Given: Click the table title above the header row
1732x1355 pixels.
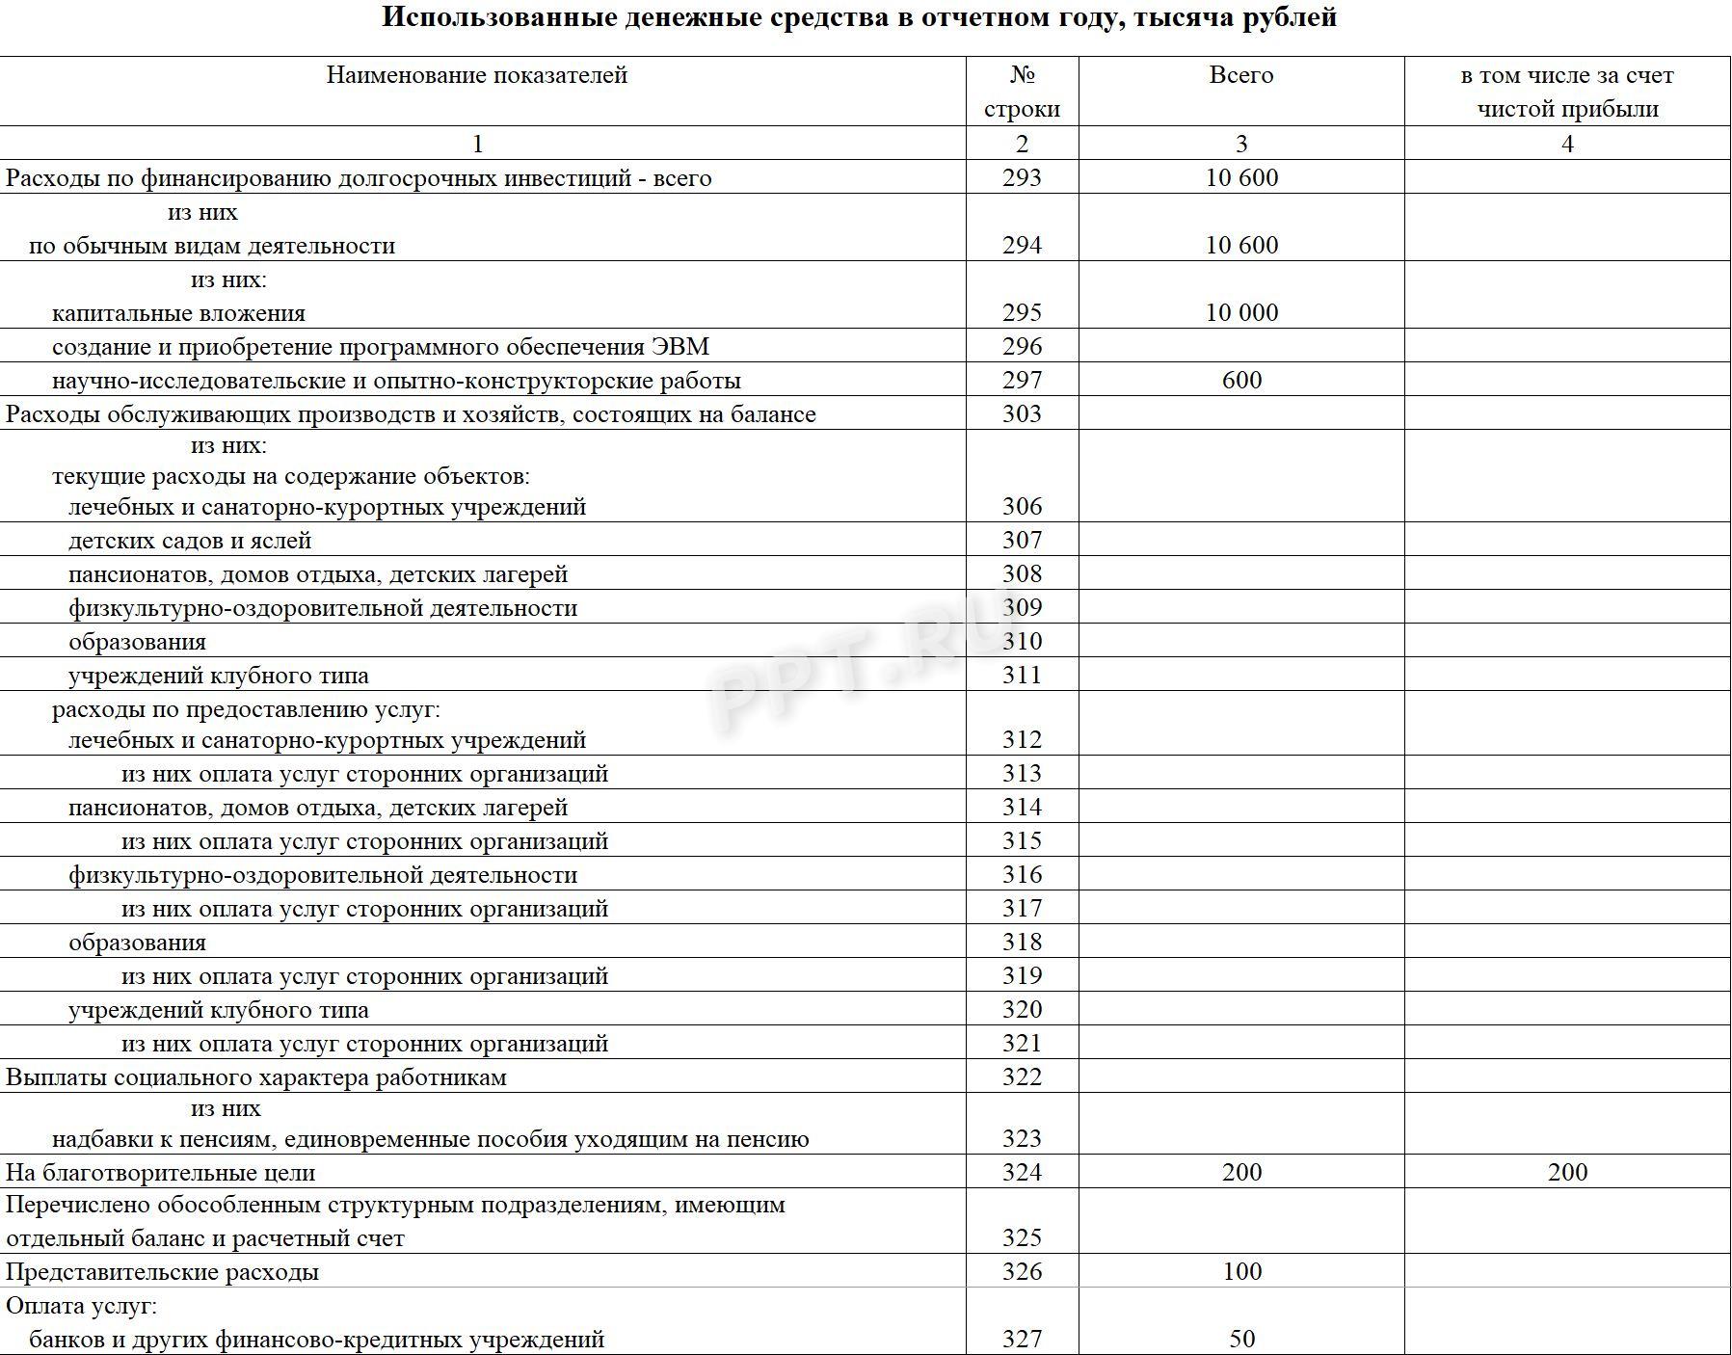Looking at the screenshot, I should point(859,18).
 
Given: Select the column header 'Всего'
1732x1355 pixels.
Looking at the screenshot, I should point(1240,75).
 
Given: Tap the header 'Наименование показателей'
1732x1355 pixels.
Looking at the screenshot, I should point(476,75).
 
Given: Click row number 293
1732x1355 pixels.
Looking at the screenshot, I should point(1022,177).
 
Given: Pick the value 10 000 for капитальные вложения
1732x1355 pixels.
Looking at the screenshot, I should point(1241,312).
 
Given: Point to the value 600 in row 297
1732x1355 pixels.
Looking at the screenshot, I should point(1241,380).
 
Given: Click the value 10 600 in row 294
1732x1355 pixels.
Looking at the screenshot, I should point(1241,245).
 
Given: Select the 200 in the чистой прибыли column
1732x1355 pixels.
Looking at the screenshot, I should point(1567,1172).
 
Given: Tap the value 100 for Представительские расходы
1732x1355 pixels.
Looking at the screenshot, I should point(1241,1271).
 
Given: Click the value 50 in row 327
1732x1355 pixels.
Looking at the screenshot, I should point(1241,1339).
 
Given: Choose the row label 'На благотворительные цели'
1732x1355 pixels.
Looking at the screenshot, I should point(161,1173).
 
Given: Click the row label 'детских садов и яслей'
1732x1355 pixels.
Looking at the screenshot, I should point(190,541).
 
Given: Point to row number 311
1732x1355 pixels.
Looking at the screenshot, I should point(1022,675).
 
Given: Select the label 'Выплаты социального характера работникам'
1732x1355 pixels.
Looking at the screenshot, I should point(256,1077).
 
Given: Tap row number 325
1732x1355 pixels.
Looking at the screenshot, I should point(1022,1237).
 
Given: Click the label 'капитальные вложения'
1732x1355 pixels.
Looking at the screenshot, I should point(178,313).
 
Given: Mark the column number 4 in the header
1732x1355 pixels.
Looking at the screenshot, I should point(1567,144).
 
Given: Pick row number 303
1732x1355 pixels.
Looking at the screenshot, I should point(1022,413).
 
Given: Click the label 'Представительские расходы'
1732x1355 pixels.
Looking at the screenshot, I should point(163,1272).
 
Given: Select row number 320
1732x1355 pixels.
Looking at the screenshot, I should point(1022,1009).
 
